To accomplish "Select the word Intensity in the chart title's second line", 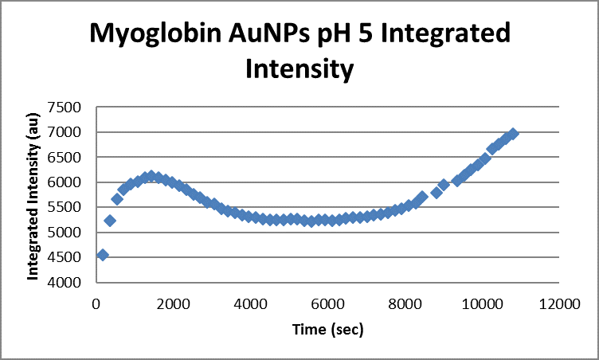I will [x=299, y=68].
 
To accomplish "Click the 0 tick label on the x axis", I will [x=96, y=303].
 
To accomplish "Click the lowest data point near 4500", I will [x=102, y=255].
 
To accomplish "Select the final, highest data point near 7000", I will [x=513, y=133].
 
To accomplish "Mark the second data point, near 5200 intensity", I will [x=110, y=221].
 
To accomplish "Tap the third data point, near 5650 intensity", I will [x=117, y=199].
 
